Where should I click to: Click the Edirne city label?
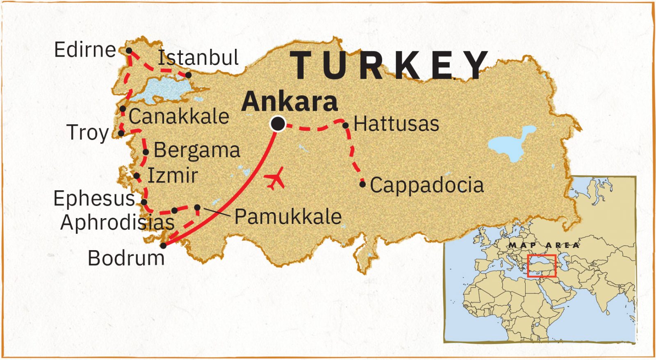[x=85, y=50]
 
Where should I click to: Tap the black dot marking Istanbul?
[x=188, y=75]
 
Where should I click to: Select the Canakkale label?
[x=179, y=116]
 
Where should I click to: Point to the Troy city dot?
[x=121, y=133]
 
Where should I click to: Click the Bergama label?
[x=197, y=150]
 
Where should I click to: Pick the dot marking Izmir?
[x=137, y=176]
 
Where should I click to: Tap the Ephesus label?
[x=94, y=198]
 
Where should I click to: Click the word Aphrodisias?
[x=117, y=223]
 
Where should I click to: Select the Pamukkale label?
[x=288, y=216]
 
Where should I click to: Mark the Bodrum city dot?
[x=163, y=246]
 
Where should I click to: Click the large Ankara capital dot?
[x=278, y=123]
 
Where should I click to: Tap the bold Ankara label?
[x=289, y=101]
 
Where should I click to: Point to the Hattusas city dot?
[x=346, y=125]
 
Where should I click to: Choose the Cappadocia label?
[x=427, y=185]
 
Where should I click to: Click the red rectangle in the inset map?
[x=541, y=266]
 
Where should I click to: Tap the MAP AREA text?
[x=544, y=245]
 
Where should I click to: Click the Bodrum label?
[x=126, y=258]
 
